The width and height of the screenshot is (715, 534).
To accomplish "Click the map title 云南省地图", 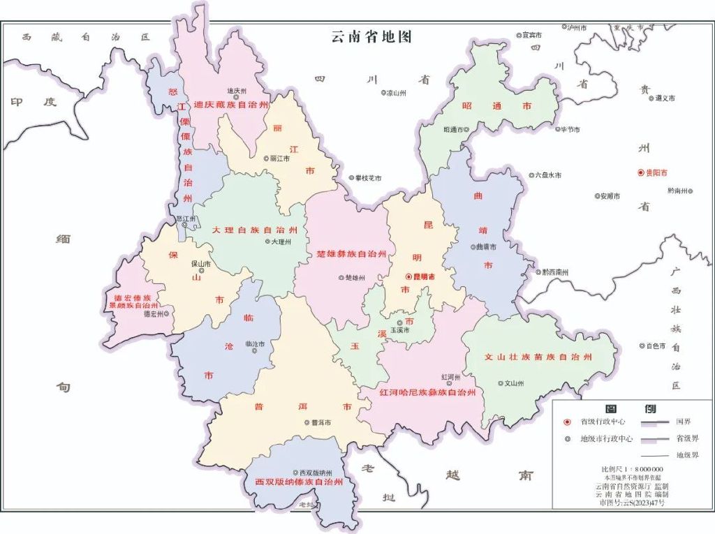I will click(371, 37).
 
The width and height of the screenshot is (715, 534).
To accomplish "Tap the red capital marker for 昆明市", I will click(409, 277).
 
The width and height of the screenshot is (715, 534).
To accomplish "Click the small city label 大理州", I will click(280, 242).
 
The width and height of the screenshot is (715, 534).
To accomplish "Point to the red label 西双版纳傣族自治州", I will click(298, 482).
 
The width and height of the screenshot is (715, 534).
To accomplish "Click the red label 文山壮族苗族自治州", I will click(539, 357).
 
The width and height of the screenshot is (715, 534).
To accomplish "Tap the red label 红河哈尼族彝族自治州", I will click(427, 393).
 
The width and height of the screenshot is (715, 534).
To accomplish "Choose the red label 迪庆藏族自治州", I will click(231, 105).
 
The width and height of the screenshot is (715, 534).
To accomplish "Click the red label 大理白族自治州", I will click(256, 230).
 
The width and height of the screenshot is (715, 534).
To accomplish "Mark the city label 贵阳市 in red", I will click(656, 172).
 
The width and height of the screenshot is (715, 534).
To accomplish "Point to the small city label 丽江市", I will click(279, 159).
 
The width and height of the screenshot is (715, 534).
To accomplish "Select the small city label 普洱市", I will click(321, 422).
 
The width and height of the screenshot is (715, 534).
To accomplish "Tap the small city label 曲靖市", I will click(486, 246).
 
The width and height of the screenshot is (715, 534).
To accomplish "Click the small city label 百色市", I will click(656, 346).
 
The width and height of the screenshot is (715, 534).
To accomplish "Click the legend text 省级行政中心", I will click(603, 422).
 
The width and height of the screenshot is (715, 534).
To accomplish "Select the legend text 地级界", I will click(686, 455).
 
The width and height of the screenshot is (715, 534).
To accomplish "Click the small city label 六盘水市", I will click(548, 175).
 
